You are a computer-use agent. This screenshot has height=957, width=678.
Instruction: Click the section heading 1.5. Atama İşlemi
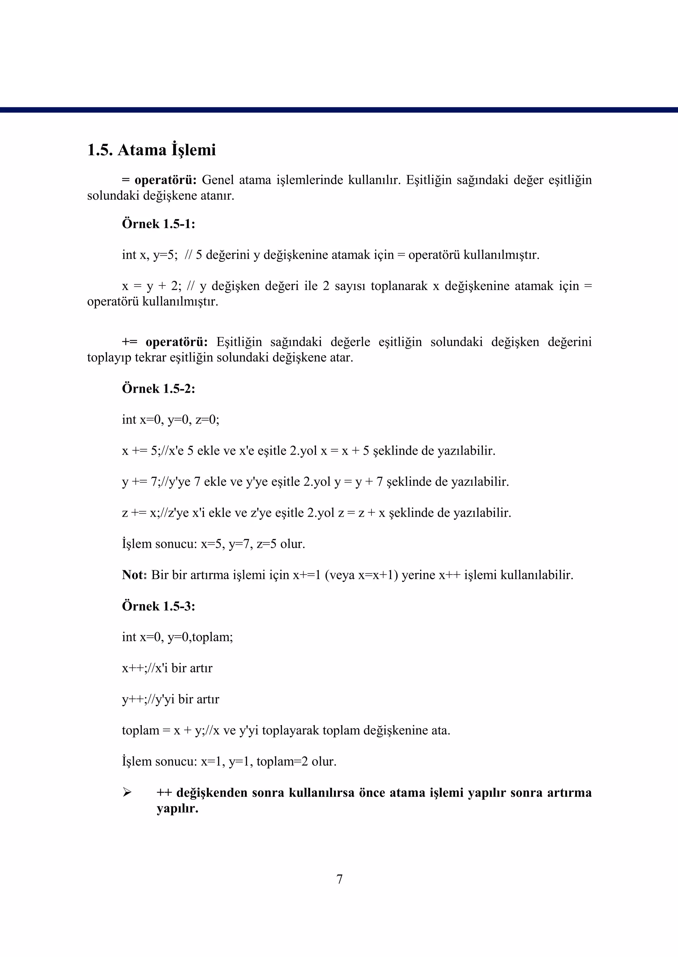click(151, 150)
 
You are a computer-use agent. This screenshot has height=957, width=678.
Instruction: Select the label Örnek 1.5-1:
click(158, 224)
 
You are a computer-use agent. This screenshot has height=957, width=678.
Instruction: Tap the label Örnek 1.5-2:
click(158, 389)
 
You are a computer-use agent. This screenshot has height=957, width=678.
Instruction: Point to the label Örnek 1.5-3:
click(158, 606)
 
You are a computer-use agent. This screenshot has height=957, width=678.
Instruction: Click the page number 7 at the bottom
click(339, 879)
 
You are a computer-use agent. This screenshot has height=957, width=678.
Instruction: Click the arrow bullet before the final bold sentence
click(127, 792)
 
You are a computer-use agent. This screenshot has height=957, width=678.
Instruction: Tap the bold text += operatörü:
click(165, 342)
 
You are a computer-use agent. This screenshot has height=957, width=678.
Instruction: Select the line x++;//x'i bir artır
click(167, 668)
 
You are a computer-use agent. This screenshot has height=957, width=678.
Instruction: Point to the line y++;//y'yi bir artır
click(170, 699)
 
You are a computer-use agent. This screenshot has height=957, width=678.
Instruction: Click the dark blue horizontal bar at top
click(339, 110)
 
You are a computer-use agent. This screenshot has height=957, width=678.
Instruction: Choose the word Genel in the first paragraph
click(218, 180)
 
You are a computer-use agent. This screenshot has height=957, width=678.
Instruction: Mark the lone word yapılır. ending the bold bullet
click(177, 808)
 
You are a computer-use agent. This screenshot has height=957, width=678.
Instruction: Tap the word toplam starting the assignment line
click(140, 730)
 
